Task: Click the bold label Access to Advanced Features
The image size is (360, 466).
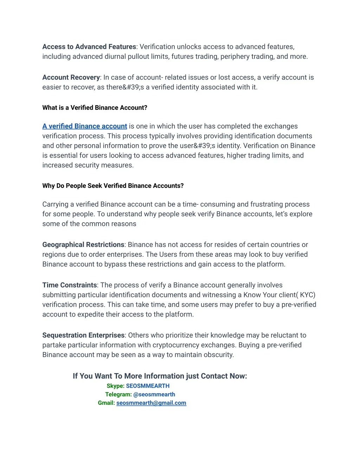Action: [89, 47]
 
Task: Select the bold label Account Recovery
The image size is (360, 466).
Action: [71, 77]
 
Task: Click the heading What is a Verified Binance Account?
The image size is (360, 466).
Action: [95, 108]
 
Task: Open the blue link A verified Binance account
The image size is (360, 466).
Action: [84, 126]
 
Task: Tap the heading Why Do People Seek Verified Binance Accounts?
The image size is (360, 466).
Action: [113, 186]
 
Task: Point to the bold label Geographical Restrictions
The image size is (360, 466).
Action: [83, 245]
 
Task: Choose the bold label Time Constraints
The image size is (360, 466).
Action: [70, 285]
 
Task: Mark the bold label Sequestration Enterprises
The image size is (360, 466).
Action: [83, 335]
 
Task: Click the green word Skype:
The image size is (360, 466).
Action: [115, 386]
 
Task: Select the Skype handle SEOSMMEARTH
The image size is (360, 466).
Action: [148, 386]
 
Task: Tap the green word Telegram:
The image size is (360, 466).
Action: [118, 394]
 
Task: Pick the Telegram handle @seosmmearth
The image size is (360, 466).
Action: [154, 394]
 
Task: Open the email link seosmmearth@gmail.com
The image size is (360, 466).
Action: [151, 403]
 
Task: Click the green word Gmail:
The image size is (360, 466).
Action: [106, 403]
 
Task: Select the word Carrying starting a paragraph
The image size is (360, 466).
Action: [55, 204]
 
